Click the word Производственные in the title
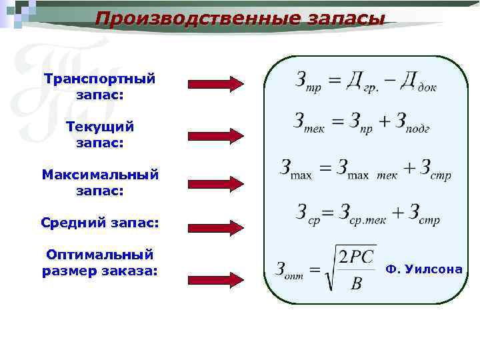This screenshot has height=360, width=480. (x=191, y=18)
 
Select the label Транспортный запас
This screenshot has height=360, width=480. (x=100, y=87)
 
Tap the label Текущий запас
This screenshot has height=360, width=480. (x=100, y=134)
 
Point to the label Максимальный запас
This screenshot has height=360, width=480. (x=100, y=182)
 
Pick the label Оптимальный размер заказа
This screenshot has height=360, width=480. (x=100, y=263)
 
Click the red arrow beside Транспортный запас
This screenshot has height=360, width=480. (x=216, y=84)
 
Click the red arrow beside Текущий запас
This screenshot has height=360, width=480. (x=216, y=135)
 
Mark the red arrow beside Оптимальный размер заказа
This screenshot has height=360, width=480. (x=216, y=279)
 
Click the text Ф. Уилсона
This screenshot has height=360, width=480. (x=423, y=269)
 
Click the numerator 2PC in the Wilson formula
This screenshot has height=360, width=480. (x=357, y=257)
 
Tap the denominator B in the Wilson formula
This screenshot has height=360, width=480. (x=356, y=285)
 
